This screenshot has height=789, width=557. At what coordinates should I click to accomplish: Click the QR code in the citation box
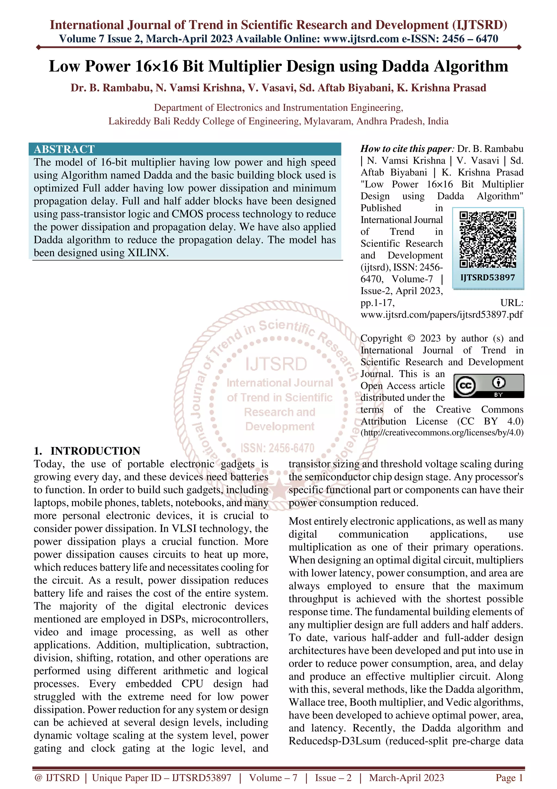click(x=488, y=240)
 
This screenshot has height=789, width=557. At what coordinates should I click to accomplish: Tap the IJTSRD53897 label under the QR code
click(x=488, y=278)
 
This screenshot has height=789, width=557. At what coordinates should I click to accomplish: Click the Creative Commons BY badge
click(x=489, y=386)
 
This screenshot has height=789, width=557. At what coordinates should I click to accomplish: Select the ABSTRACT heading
click(x=64, y=149)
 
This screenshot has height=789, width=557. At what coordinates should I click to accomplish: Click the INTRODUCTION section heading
click(x=95, y=451)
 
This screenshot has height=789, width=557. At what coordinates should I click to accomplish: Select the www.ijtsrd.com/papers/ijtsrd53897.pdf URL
click(x=442, y=314)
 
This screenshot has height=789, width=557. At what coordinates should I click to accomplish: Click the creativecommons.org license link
click(x=442, y=433)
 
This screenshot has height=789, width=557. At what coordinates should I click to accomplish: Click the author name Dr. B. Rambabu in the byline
click(x=111, y=88)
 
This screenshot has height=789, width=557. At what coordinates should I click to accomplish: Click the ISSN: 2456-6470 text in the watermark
click(x=277, y=448)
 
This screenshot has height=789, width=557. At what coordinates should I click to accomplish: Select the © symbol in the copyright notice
click(x=411, y=338)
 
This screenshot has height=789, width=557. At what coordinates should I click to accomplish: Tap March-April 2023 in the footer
click(x=406, y=778)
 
